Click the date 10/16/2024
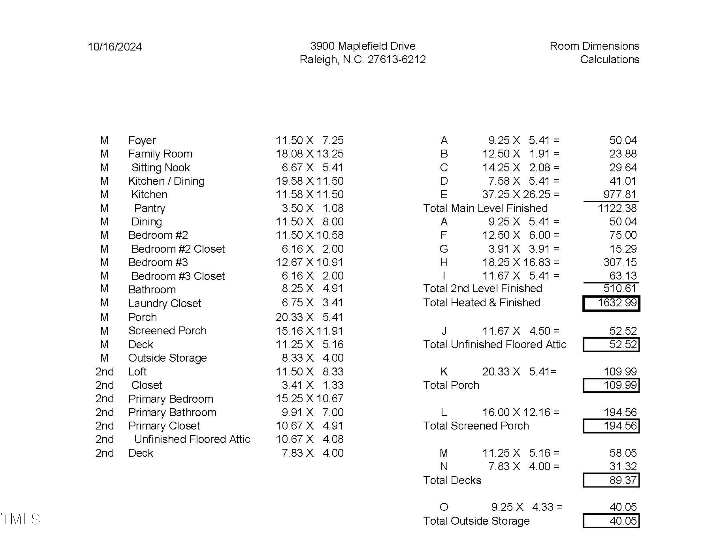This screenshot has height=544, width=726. tap(114, 47)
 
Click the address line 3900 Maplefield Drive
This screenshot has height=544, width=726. tap(363, 46)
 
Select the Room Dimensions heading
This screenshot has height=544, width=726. tap(594, 46)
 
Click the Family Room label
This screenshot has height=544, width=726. tap(160, 154)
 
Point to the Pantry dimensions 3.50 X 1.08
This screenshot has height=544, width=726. tap(312, 208)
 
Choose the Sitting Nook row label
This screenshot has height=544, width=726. tap(160, 168)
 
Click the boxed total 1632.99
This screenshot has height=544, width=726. tap(611, 303)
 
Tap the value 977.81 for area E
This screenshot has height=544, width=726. tap(620, 194)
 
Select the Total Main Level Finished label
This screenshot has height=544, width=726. tap(485, 208)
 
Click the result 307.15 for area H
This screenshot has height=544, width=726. tap(620, 262)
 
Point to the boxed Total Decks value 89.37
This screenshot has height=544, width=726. tap(611, 480)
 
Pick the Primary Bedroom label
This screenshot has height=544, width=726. tap(171, 399)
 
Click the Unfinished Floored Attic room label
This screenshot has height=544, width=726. tap(192, 439)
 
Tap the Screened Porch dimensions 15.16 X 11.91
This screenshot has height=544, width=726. tap(309, 331)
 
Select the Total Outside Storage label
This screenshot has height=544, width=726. tap(476, 521)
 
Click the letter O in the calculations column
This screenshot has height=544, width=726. tap(444, 507)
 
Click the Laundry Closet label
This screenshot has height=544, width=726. tap(164, 303)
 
